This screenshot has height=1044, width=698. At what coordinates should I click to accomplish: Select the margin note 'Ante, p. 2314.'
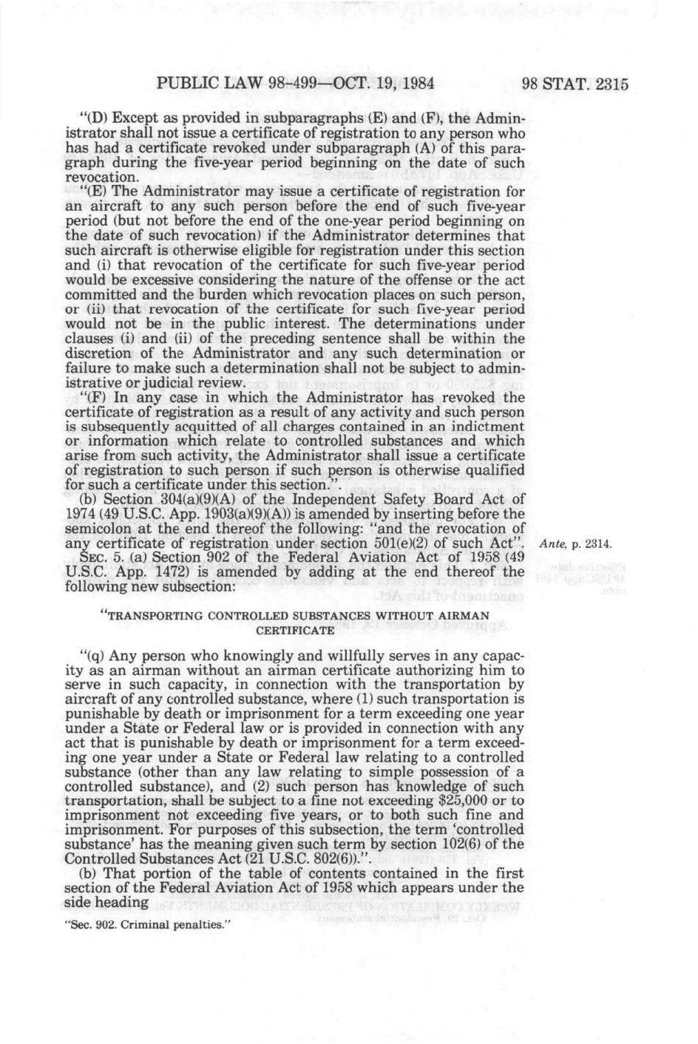point(575,544)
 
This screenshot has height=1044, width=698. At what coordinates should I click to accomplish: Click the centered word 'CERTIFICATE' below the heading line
point(294,631)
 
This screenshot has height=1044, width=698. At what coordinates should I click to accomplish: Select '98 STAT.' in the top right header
point(554,84)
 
